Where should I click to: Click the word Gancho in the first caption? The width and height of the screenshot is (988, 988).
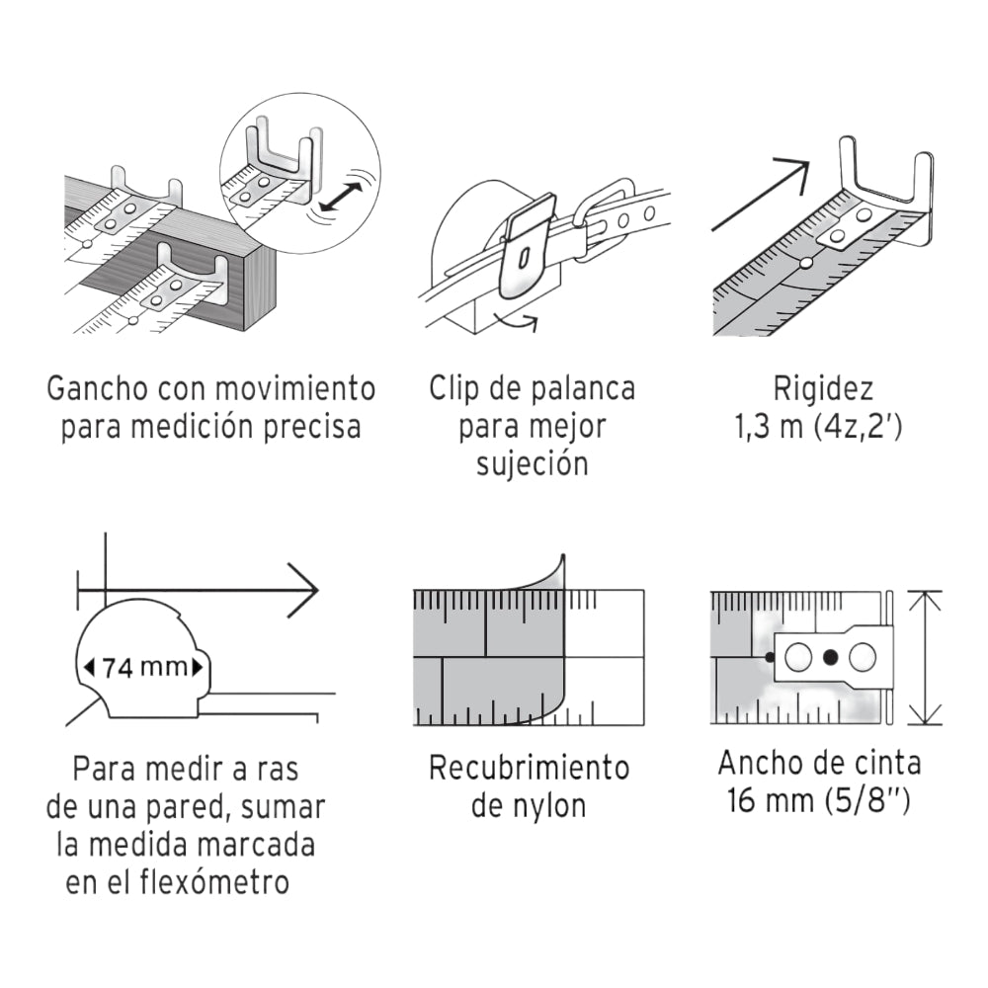[x=93, y=388]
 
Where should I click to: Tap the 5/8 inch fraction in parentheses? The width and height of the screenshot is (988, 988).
[x=866, y=800]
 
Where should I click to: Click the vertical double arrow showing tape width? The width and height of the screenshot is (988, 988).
[x=924, y=657]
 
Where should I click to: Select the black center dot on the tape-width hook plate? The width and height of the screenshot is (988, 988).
[x=830, y=656]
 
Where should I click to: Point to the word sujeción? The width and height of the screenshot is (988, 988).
[x=532, y=465]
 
